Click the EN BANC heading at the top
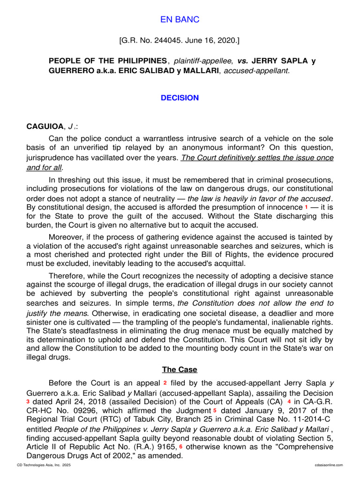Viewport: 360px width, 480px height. [x=180, y=20]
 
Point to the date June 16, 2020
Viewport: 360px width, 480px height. [x=212, y=41]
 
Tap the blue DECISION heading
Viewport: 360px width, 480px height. [x=180, y=98]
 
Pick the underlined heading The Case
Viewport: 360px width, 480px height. [x=180, y=370]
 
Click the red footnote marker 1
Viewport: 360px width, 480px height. [x=306, y=207]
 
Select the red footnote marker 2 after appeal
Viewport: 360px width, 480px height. [x=165, y=383]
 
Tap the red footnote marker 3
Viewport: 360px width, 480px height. [x=28, y=402]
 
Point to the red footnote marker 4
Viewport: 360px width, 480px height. [x=289, y=402]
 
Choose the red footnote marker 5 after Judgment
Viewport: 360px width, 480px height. [x=215, y=411]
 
